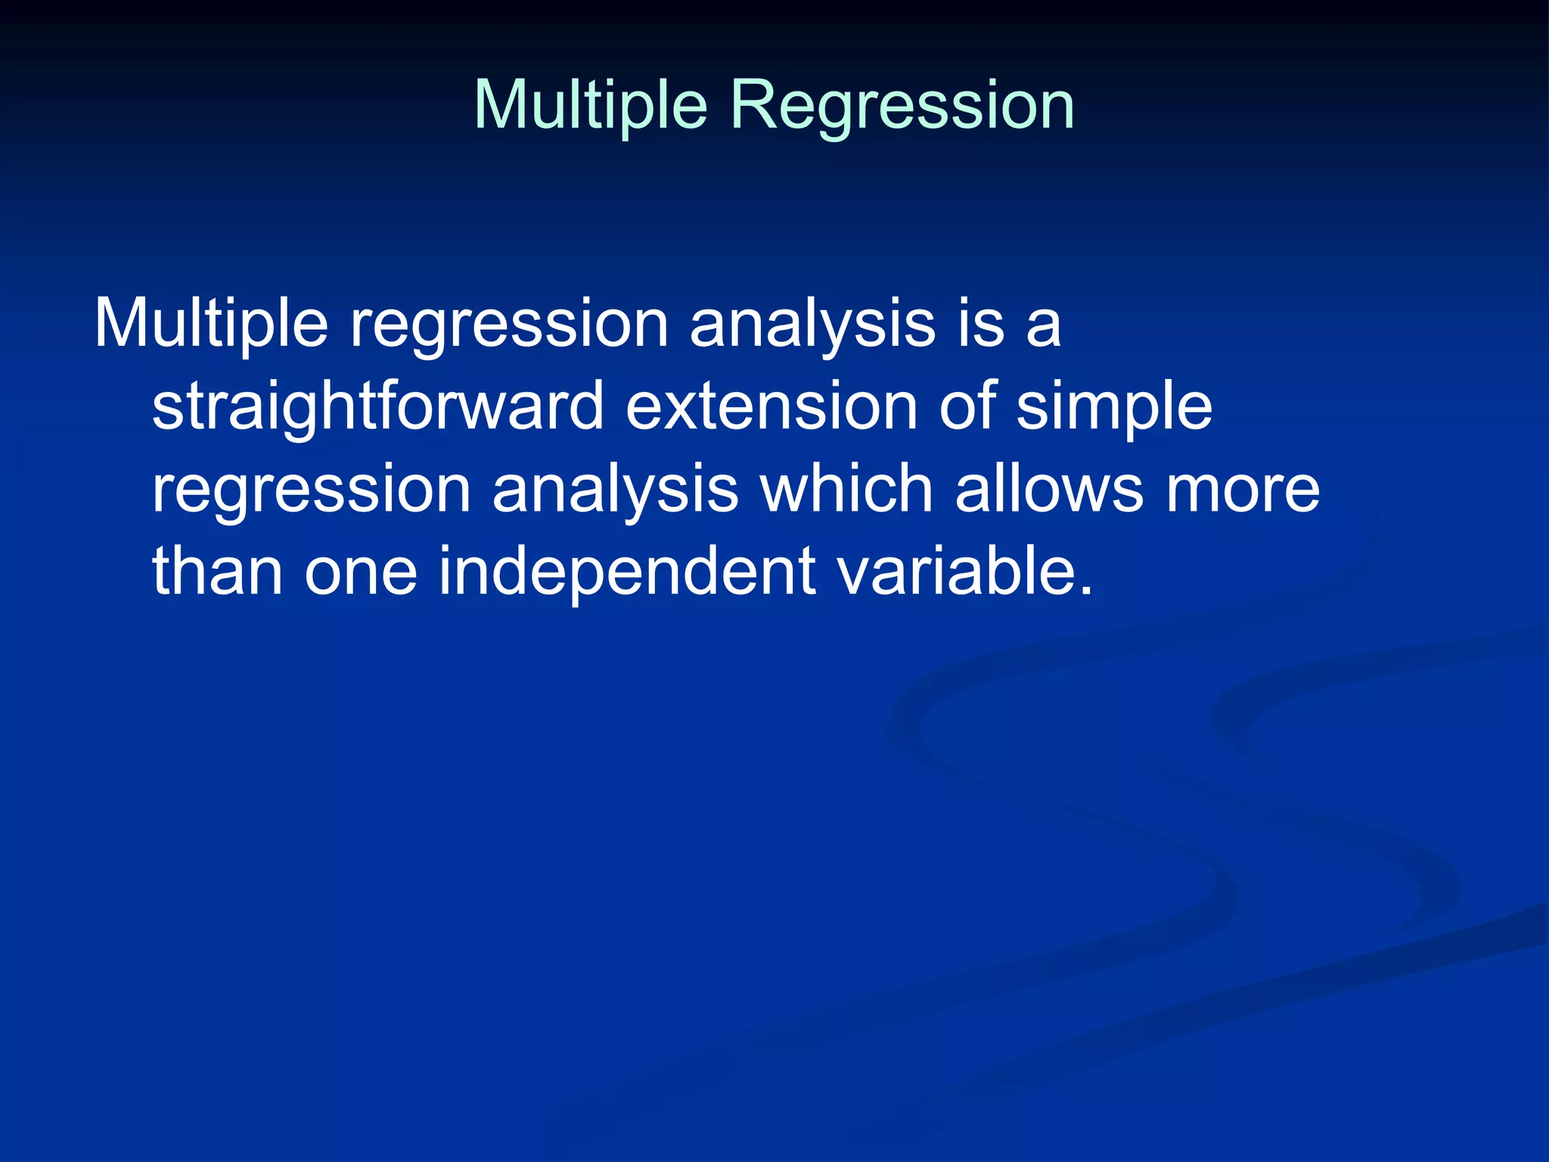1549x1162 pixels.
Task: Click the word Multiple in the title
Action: [x=590, y=106]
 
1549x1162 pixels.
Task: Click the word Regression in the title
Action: [x=902, y=106]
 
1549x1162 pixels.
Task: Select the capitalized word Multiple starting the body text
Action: [x=211, y=324]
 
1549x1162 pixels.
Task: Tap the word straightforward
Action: [x=377, y=406]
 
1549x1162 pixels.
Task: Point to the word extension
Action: [x=771, y=406]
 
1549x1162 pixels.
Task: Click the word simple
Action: [x=1114, y=406]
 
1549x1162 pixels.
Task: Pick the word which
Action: [x=846, y=489]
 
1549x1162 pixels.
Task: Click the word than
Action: [x=218, y=571]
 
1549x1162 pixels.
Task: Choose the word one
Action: [x=361, y=571]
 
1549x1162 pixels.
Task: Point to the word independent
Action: [x=627, y=571]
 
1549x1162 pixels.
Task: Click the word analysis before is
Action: [x=813, y=324]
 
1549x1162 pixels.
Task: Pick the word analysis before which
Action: [x=615, y=489]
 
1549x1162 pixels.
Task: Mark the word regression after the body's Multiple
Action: [x=509, y=324]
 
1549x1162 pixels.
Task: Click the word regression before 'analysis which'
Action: [x=312, y=489]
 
